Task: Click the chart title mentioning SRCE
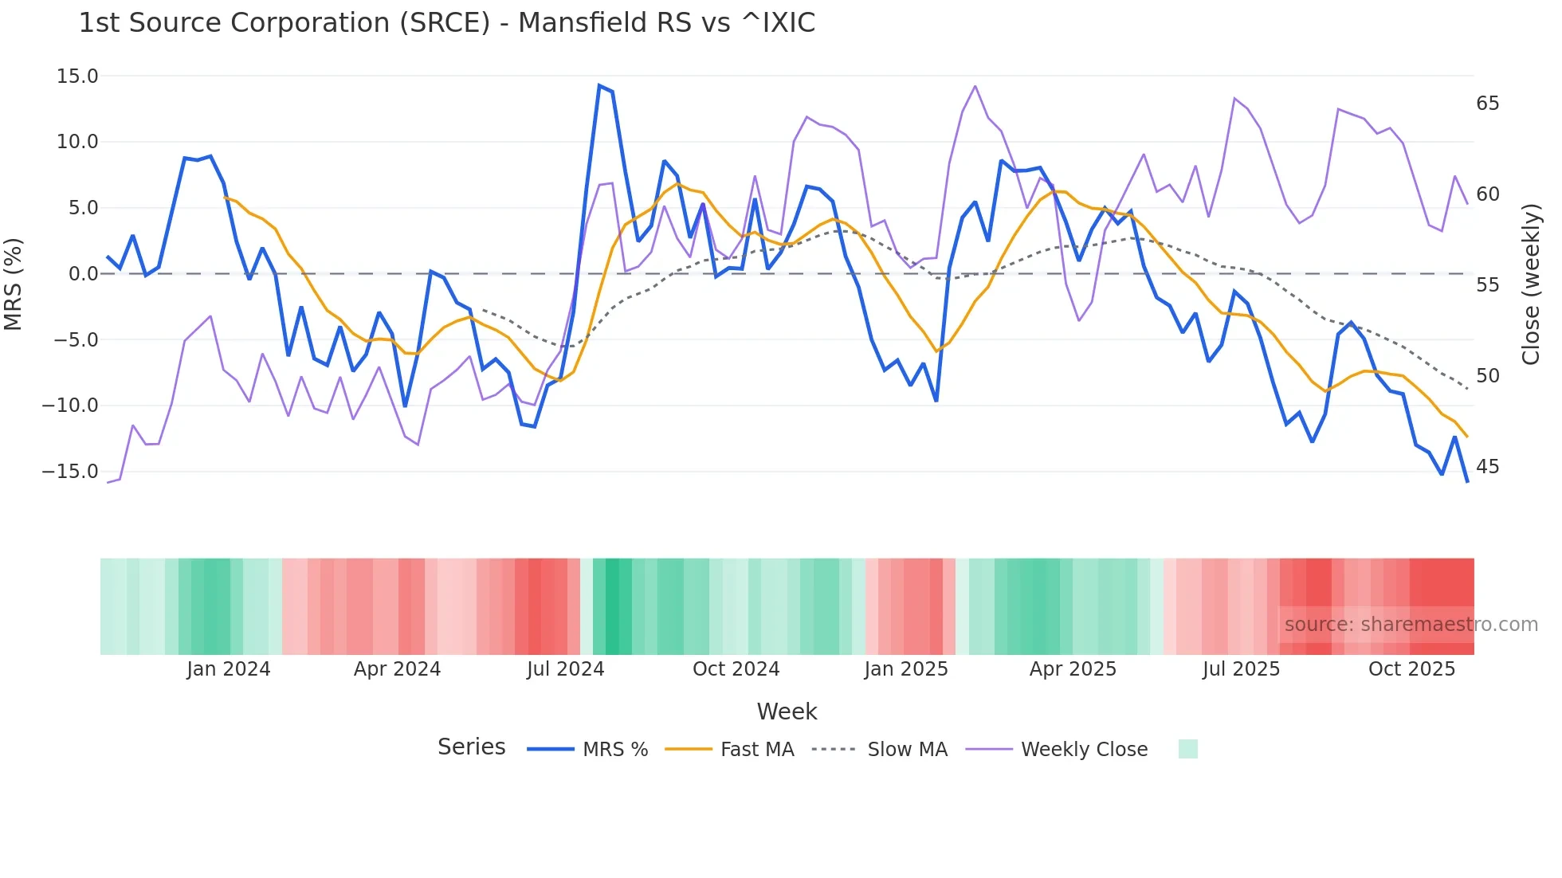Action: tap(446, 23)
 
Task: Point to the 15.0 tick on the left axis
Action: tap(77, 76)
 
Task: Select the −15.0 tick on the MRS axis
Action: tap(70, 472)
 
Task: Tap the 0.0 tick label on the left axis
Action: tap(83, 274)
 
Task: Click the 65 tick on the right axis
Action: tap(1487, 104)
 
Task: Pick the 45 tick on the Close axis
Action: tap(1487, 467)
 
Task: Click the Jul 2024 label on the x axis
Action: tap(565, 669)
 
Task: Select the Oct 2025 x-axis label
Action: tap(1411, 669)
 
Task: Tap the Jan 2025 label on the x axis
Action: tap(905, 669)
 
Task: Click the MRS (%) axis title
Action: tap(14, 284)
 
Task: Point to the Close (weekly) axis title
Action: tap(1531, 284)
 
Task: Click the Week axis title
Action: tap(787, 711)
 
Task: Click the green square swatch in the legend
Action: tap(1187, 749)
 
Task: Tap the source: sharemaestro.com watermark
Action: tap(1411, 625)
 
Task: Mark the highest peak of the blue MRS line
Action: tap(599, 85)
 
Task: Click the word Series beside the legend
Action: tap(471, 747)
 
